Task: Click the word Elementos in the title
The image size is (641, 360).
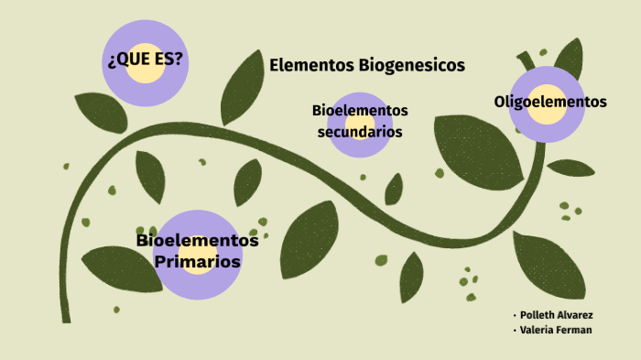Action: [x=311, y=65]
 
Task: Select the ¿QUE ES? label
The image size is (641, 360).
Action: [x=145, y=60]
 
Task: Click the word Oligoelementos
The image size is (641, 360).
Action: [x=550, y=102]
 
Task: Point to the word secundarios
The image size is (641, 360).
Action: [x=360, y=131]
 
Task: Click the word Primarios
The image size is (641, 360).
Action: [x=198, y=262]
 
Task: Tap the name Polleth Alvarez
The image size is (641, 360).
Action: [x=557, y=315]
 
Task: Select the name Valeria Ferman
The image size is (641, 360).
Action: [x=555, y=330]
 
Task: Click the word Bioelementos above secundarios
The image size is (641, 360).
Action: [x=360, y=111]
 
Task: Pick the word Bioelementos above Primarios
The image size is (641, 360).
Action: [x=198, y=241]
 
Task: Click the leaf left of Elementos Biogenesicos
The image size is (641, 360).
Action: [x=242, y=87]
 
